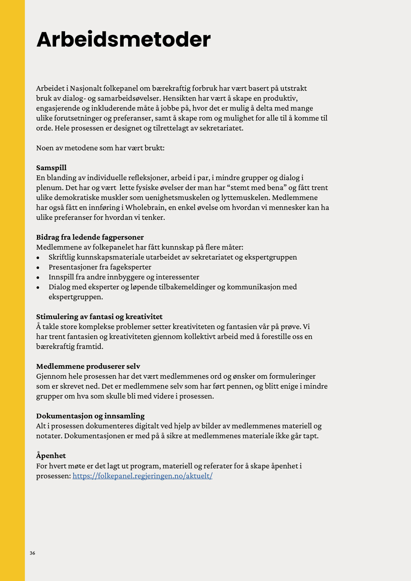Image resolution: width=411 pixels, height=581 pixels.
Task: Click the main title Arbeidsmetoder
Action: point(123,39)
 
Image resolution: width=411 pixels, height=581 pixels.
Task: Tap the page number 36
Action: point(33,553)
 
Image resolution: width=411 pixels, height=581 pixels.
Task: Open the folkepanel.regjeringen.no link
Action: point(142,476)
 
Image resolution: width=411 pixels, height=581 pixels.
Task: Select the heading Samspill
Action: point(51,168)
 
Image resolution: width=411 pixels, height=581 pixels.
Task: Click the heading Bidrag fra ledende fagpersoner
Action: point(90,237)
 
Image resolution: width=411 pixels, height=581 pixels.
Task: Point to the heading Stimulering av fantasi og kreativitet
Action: point(99,317)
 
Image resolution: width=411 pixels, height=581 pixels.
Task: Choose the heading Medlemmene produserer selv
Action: point(88,366)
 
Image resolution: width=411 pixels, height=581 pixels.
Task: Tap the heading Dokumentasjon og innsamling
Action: point(90,416)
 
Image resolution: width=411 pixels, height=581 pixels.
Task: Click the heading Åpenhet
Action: point(51,456)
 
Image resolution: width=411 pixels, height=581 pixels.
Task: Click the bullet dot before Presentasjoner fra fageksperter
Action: point(38,268)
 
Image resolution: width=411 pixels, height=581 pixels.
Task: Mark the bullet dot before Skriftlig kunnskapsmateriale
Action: point(38,258)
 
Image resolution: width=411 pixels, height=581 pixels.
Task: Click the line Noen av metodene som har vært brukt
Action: point(100,148)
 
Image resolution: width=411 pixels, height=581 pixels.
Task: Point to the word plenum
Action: point(50,188)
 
